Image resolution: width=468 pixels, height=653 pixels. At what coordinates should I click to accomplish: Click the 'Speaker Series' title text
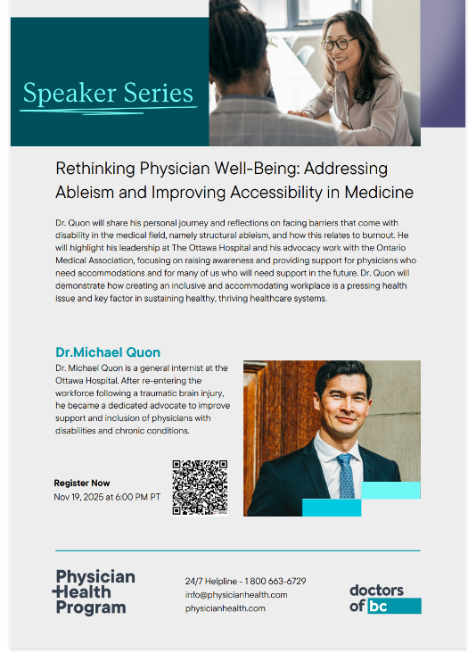(108, 93)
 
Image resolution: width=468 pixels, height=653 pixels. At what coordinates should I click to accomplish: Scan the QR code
(200, 487)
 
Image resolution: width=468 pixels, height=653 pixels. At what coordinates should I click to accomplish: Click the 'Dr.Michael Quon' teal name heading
(108, 352)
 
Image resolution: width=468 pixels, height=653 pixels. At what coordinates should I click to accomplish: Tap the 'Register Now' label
(82, 484)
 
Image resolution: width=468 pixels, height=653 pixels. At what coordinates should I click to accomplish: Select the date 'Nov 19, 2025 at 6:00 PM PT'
(107, 497)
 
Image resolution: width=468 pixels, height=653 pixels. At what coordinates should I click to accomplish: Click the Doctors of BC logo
(385, 599)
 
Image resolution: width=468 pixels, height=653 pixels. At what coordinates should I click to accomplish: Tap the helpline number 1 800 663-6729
(275, 581)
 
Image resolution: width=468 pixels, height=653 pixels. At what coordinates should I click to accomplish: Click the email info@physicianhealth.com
(236, 595)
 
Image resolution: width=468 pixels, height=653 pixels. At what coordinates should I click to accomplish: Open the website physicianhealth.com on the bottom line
(225, 608)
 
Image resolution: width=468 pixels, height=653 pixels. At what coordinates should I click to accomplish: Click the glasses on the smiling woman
(338, 44)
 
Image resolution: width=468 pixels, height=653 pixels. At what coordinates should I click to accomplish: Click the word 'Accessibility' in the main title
(276, 193)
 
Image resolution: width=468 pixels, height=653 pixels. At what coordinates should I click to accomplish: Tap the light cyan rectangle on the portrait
(390, 490)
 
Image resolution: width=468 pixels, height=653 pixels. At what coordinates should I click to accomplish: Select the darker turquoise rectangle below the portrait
(332, 508)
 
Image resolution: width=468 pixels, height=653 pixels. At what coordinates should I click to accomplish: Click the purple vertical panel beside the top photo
(443, 63)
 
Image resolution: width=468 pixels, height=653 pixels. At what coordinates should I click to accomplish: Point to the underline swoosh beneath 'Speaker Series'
(108, 111)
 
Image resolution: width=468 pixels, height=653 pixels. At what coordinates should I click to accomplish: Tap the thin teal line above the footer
(238, 550)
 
